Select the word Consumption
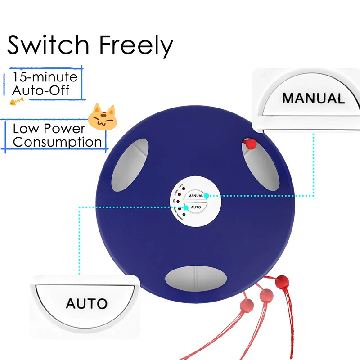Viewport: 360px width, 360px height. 57,142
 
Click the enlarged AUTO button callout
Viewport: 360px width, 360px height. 86,302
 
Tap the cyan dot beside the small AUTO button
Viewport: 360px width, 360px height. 185,207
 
